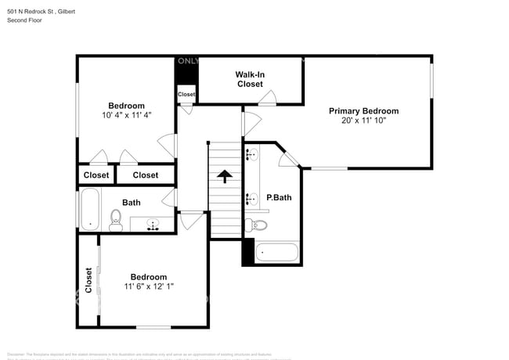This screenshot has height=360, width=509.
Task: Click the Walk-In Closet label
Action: pos(250,79)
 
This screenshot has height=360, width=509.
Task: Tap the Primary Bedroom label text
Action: pos(363,111)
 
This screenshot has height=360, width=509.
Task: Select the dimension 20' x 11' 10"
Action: pos(363,121)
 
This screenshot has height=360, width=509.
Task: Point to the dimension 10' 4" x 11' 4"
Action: pos(126,115)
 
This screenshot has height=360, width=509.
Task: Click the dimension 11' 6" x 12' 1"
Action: pos(148,286)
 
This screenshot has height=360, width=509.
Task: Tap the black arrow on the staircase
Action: pos(224,176)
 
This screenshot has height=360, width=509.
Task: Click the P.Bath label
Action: pos(279,197)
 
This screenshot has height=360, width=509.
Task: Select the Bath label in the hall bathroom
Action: pos(131,203)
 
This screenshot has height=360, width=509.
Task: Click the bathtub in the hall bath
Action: pos(89,209)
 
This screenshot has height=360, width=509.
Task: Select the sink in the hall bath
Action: pos(153,225)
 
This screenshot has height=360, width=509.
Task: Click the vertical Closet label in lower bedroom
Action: pos(88,280)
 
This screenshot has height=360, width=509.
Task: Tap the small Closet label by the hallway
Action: pos(186,94)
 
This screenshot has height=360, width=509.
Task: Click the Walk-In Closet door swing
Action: pos(268,98)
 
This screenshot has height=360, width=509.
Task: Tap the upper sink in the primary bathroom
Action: pos(251,156)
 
